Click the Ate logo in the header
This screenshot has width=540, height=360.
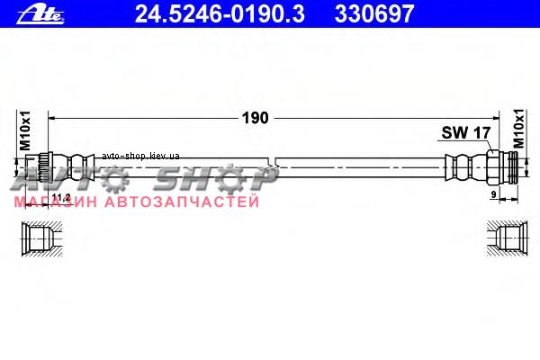[x=40, y=14]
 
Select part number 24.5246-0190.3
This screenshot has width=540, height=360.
[x=220, y=13]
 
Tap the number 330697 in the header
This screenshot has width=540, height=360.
[x=374, y=13]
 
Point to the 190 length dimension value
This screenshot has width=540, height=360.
[x=256, y=118]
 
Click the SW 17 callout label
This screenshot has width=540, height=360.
[x=466, y=132]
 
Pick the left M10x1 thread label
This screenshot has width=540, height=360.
[x=25, y=130]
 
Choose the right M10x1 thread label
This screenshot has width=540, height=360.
[x=518, y=129]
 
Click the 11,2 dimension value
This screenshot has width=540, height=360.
[x=61, y=197]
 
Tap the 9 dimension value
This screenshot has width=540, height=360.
[x=493, y=194]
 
